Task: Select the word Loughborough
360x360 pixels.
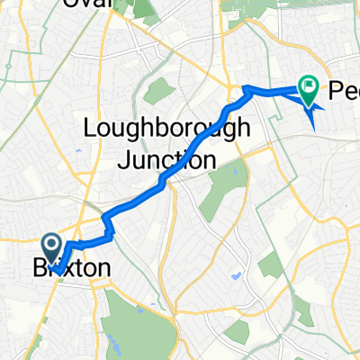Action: [x=166, y=129]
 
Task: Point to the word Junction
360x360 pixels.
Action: [x=167, y=160]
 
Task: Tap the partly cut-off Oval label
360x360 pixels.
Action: [x=86, y=4]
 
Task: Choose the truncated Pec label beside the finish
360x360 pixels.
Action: [x=345, y=91]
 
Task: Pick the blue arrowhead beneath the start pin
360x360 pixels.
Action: [x=57, y=268]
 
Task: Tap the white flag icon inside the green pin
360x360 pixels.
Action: [x=310, y=87]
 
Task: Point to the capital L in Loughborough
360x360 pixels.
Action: [x=90, y=129]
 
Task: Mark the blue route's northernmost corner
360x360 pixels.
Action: [x=247, y=87]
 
